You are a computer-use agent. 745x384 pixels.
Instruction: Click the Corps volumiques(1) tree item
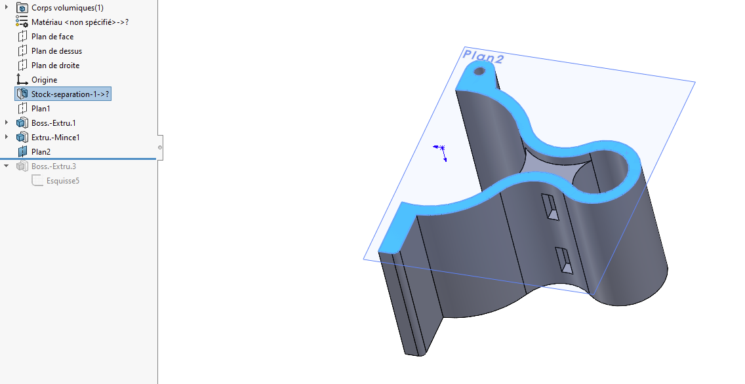(x=67, y=8)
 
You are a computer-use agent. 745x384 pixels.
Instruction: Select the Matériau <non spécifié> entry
(x=80, y=22)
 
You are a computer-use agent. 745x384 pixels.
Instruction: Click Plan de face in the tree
(x=52, y=37)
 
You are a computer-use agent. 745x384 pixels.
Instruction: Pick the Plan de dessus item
(x=56, y=51)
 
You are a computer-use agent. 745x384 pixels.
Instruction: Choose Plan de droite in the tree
(x=55, y=65)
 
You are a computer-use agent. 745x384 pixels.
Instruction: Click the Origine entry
(x=44, y=80)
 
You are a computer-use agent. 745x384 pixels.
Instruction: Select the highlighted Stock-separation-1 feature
(x=70, y=94)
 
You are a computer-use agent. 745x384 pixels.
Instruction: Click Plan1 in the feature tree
(x=41, y=109)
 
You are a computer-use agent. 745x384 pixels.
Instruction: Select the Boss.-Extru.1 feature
(x=54, y=123)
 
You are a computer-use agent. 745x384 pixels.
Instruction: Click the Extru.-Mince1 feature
(x=56, y=137)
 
